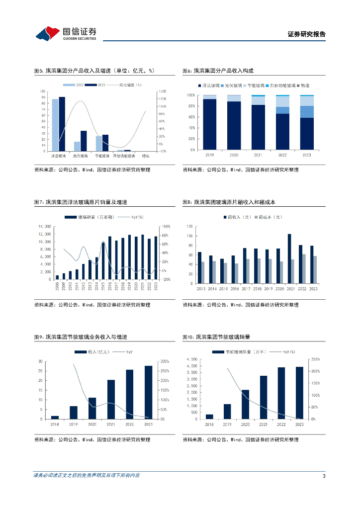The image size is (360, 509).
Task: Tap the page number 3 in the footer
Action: pos(324,476)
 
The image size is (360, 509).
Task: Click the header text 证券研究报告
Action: pos(306,34)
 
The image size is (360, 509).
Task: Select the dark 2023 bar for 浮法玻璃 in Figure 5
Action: pos(62,124)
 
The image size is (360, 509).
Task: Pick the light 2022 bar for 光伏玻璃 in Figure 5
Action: pos(77,146)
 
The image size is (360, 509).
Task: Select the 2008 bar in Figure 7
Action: pos(57,277)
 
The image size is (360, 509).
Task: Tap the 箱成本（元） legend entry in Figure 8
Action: pos(269,217)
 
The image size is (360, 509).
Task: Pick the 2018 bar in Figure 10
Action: pos(209,417)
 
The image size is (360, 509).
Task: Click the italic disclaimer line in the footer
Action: pos(87,475)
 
